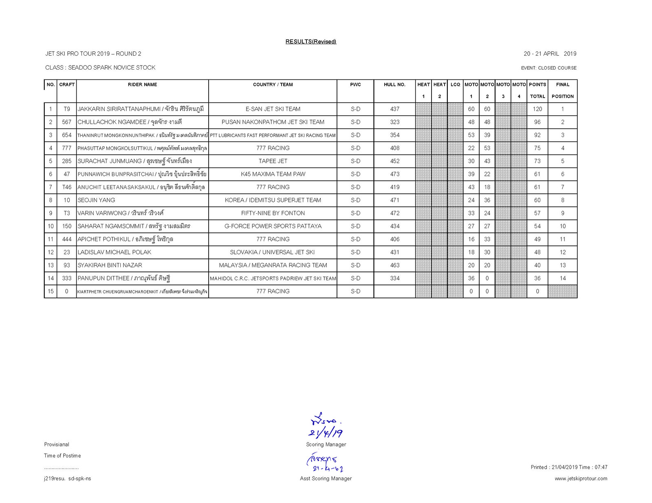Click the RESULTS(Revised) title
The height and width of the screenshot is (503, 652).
point(311,42)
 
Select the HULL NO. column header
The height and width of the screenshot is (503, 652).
point(394,85)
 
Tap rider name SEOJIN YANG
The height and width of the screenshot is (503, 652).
point(97,200)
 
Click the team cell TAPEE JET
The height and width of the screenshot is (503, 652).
point(273,161)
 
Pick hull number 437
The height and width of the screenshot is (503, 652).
point(394,109)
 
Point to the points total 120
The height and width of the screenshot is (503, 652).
point(537,109)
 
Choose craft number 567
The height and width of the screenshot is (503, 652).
point(66,122)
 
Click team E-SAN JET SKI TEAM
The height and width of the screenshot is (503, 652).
point(273,109)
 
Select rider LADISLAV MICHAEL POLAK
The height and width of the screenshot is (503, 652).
point(115,252)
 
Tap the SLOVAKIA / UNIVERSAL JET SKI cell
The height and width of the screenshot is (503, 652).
point(272,252)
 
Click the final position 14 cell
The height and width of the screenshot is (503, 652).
point(562,278)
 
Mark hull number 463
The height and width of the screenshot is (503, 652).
point(394,265)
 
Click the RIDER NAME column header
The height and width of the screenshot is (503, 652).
point(142,85)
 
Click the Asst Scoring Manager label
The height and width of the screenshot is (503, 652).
point(326,479)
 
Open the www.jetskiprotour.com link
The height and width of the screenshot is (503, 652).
point(581,479)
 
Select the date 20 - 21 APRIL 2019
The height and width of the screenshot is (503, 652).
point(550,54)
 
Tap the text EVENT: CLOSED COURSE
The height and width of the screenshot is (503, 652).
point(548,68)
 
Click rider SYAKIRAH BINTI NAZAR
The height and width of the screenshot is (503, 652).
point(110,265)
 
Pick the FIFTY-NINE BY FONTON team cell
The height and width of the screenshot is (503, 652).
point(273,213)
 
